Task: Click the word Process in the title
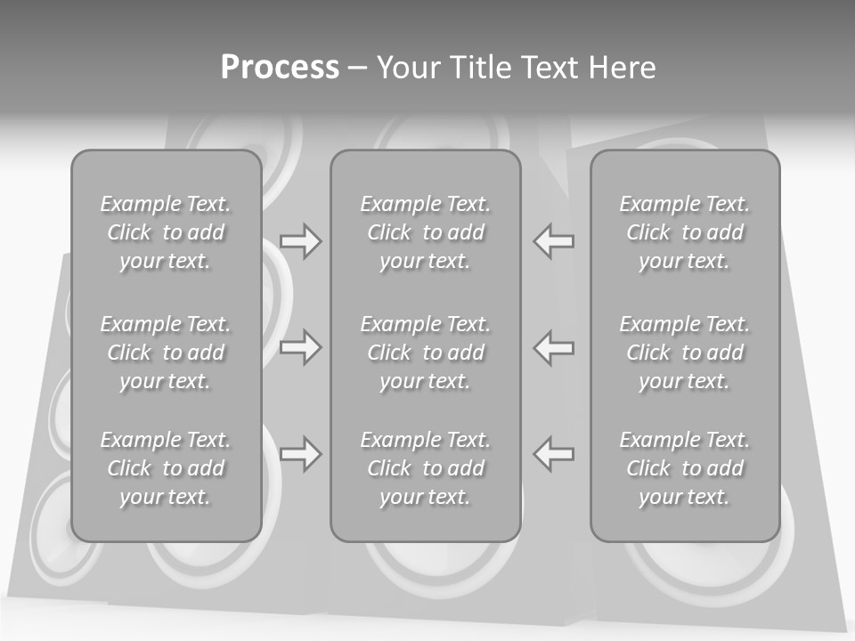[x=280, y=68]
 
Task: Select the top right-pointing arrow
[x=300, y=241]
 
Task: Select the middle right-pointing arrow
[x=300, y=347]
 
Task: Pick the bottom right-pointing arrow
[x=300, y=454]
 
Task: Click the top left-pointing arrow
[x=553, y=241]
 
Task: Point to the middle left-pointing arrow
[x=553, y=347]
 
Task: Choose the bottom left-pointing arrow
[x=553, y=454]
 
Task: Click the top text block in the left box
[x=166, y=232]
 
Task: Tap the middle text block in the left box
[x=166, y=353]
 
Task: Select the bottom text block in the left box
[x=166, y=468]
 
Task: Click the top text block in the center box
[x=425, y=232]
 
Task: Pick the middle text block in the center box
[x=425, y=353]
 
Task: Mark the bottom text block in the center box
[x=425, y=468]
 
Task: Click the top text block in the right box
[x=684, y=232]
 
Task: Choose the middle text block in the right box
[x=684, y=353]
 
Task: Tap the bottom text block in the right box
[x=684, y=468]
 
